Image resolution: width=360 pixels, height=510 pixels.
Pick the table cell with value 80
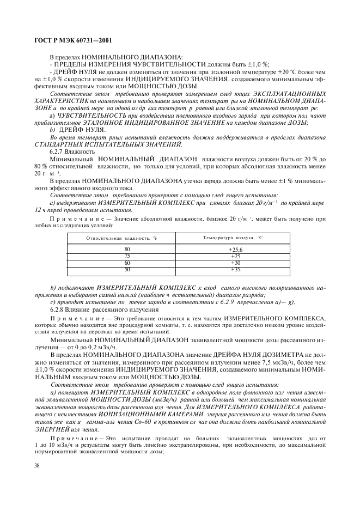127,249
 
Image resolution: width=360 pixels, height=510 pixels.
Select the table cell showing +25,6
235,249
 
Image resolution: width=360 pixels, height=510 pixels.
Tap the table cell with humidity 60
127,263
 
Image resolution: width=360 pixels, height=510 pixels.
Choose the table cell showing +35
235,269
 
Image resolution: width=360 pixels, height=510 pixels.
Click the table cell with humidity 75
127,256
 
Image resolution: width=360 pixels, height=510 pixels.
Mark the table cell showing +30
235,263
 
